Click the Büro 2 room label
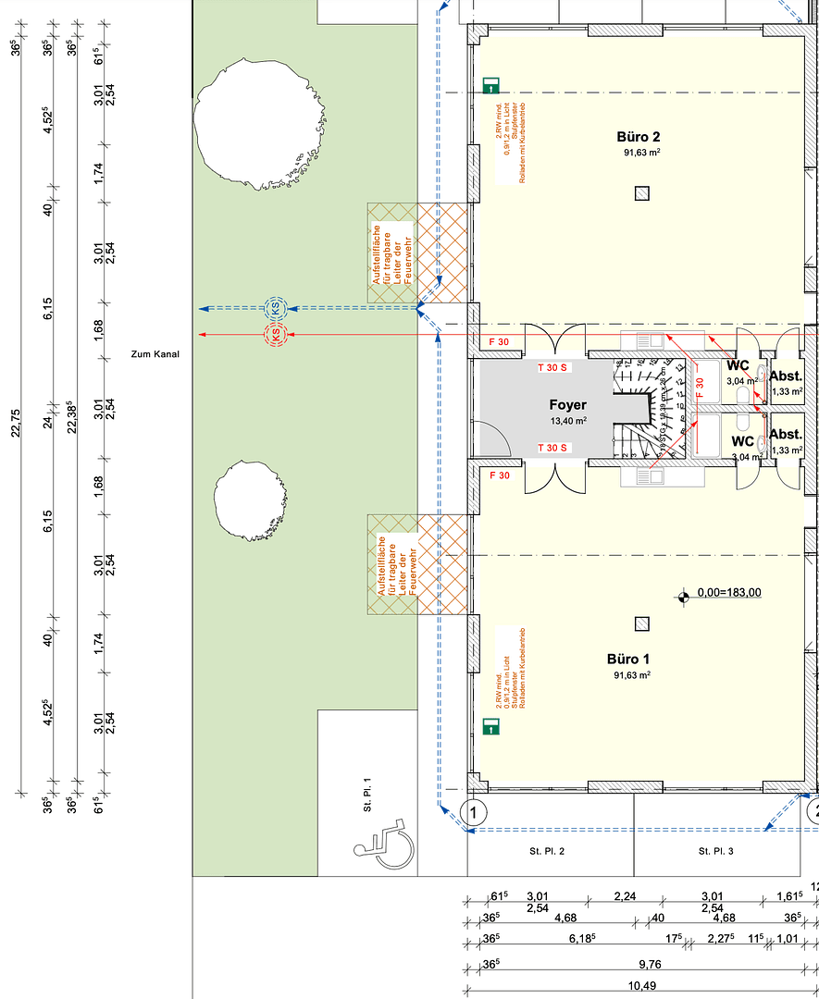pos(639,137)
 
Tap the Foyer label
pos(567,405)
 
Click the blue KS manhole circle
pos(275,308)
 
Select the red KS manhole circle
pos(275,334)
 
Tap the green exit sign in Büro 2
pos(490,87)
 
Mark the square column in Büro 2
pos(641,193)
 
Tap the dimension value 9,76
pos(649,965)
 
